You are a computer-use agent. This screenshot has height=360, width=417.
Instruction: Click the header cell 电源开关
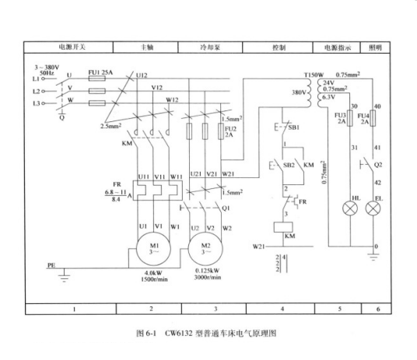[x=74, y=48]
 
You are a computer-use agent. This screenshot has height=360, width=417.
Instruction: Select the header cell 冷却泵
[x=212, y=48]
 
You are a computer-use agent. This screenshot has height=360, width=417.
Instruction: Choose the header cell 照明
[x=377, y=48]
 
